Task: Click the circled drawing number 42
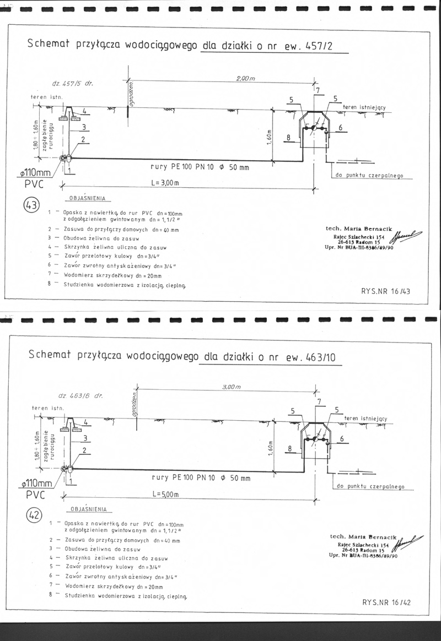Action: [34, 516]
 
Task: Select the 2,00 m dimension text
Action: [246, 79]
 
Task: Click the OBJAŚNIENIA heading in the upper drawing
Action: [86, 198]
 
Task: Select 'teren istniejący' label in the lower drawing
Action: [364, 419]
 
